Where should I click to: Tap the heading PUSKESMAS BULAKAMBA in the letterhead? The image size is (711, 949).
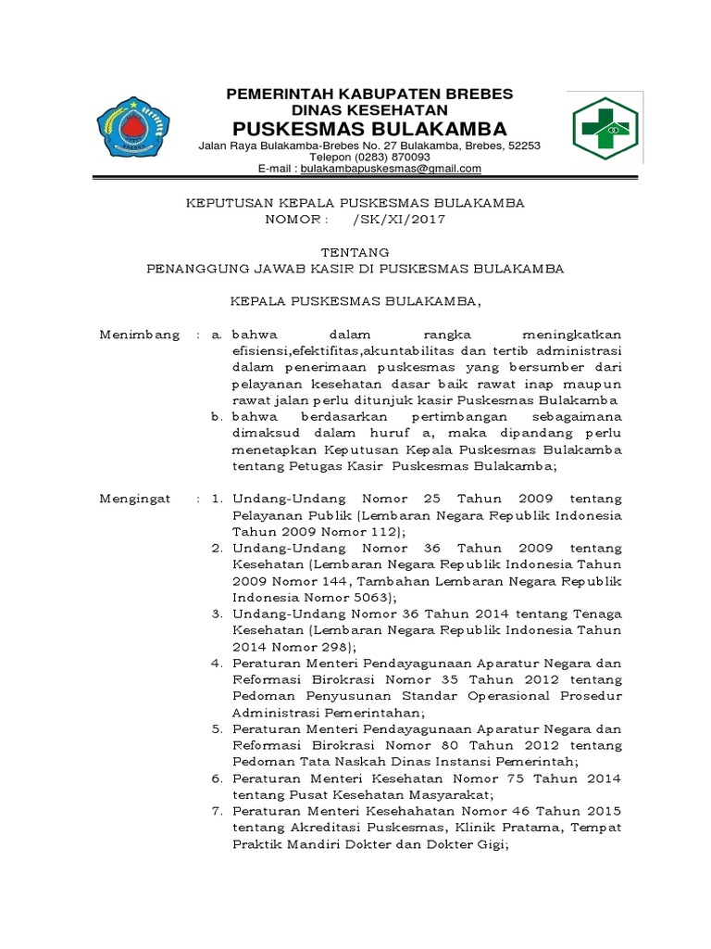[369, 127]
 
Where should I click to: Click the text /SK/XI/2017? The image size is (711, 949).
[399, 220]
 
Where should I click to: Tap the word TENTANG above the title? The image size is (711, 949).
[355, 252]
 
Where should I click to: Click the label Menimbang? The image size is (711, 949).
[140, 335]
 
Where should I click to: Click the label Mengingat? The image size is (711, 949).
[136, 499]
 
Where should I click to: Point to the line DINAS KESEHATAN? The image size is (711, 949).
[369, 108]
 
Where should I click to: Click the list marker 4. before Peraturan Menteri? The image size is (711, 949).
[217, 664]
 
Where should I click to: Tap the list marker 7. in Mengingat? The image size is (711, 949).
[217, 810]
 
